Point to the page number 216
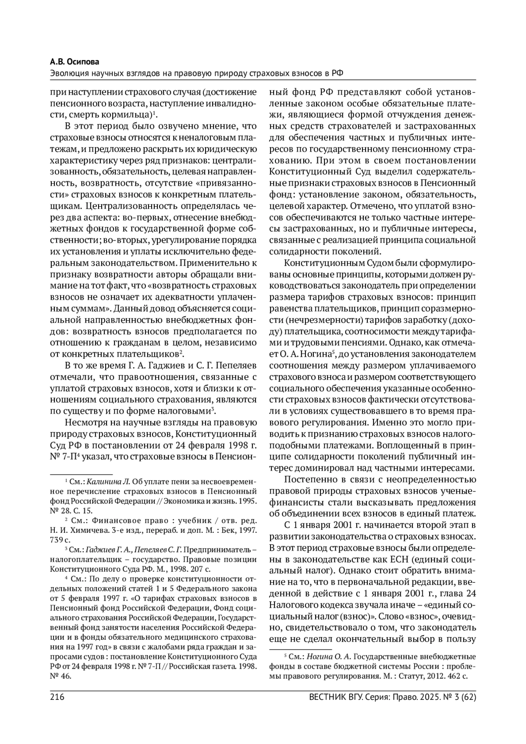(57, 697)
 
